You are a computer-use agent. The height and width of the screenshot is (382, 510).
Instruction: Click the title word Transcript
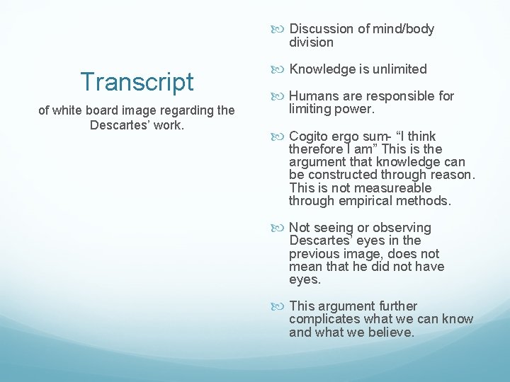(x=137, y=82)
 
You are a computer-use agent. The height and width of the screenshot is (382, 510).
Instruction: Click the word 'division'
(x=311, y=42)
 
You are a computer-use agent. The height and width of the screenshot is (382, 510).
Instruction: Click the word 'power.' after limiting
(x=356, y=110)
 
